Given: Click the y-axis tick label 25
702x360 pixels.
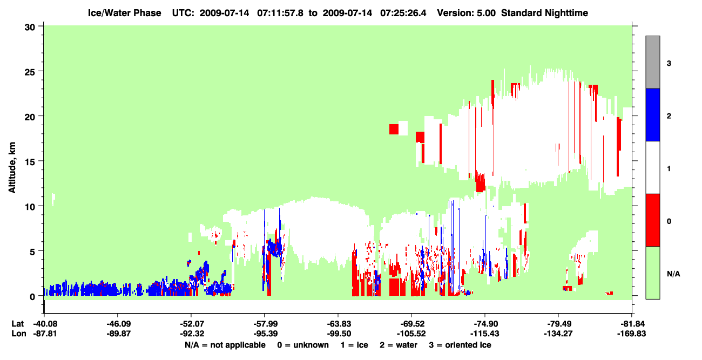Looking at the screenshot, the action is coord(30,72).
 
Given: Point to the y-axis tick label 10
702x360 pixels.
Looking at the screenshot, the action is coord(30,207).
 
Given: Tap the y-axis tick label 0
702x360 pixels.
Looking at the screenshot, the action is coord(32,297).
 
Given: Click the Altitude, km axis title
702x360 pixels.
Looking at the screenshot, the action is coord(12,167).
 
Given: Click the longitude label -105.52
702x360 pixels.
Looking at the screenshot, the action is coord(411,334).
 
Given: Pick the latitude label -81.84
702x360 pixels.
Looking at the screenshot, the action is coord(632,324).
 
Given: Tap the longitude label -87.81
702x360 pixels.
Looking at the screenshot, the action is coord(45,334).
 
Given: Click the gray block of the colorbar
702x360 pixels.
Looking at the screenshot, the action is coord(652,62).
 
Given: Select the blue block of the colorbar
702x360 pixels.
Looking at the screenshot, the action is coord(652,114).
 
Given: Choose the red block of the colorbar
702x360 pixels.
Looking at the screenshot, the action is coord(652,220).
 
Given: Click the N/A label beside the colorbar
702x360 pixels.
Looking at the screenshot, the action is coord(673,274).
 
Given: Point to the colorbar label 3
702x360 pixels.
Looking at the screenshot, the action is coord(669,63).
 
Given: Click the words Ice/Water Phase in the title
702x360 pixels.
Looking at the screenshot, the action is coord(124,13).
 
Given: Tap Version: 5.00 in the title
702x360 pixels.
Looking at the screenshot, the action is coord(467,13).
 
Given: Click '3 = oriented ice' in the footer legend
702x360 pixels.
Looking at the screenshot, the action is coord(460,345).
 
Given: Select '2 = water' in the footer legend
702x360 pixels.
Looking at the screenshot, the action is coord(399,345).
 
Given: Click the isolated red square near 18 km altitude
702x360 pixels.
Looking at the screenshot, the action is coord(394,129).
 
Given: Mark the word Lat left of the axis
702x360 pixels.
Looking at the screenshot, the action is coord(17,324).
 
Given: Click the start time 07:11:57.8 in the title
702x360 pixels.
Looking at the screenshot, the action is coord(280,13).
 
